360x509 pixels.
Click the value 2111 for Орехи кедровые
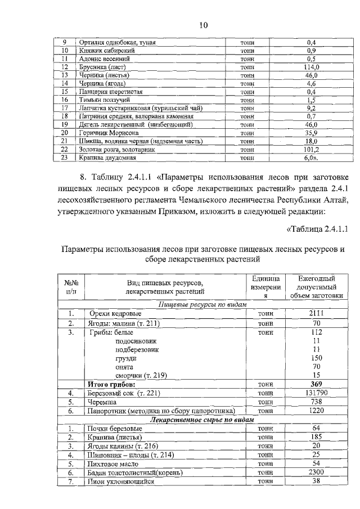pyautogui.click(x=316, y=313)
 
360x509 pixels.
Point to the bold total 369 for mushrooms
pyautogui.click(x=316, y=384)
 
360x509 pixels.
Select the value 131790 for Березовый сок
pyautogui.click(x=316, y=393)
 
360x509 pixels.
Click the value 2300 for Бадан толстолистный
pyautogui.click(x=316, y=473)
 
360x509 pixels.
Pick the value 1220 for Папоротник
pyautogui.click(x=316, y=411)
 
